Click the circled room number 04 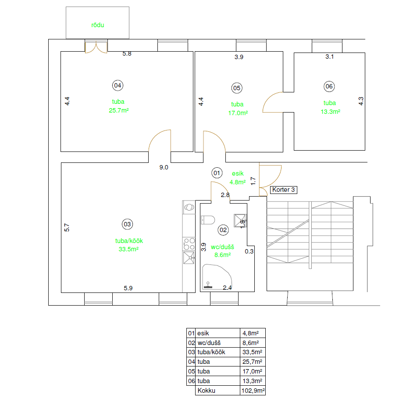(118, 85)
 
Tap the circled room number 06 (329, 86)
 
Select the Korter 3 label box (284, 190)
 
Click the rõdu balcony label (98, 25)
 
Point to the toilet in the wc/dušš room (208, 220)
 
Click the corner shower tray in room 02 (217, 277)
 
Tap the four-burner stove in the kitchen (189, 244)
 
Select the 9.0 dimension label (164, 167)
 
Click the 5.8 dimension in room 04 (127, 53)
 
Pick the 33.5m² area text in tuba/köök (129, 249)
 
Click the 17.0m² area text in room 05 (238, 113)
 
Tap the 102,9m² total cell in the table (253, 391)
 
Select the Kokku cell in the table (207, 391)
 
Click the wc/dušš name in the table (209, 343)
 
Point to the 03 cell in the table (191, 352)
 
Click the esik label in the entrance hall (238, 173)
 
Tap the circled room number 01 (217, 173)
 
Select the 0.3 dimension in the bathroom (249, 251)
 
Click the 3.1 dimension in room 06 (329, 56)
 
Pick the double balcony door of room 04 (96, 47)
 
